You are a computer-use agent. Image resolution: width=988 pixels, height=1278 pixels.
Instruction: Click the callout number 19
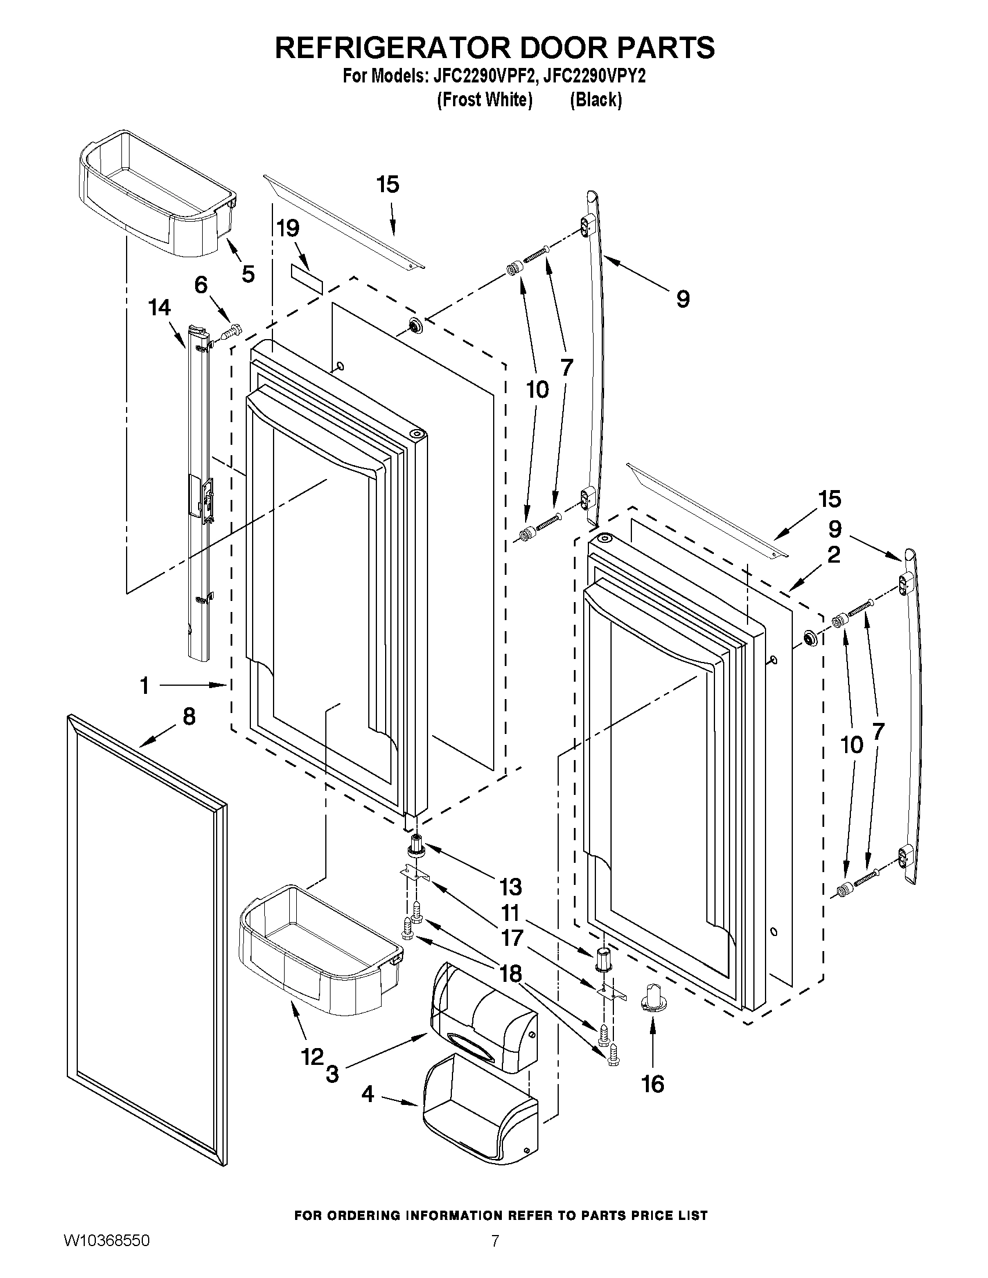(288, 229)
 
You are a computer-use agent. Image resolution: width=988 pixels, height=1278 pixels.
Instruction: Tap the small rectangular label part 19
(307, 278)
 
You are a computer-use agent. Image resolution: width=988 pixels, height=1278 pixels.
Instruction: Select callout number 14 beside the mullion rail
(160, 308)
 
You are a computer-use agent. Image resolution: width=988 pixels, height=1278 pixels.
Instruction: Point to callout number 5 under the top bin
(248, 274)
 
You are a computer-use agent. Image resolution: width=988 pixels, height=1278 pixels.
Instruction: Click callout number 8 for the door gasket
(189, 717)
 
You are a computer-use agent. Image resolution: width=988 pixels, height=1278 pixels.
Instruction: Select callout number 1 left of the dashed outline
(145, 685)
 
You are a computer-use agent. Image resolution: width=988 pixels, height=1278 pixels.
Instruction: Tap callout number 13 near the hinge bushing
(511, 886)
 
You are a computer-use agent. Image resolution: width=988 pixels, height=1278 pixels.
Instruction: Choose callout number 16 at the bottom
(653, 1084)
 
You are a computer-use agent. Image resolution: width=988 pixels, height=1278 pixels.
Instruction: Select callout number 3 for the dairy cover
(332, 1074)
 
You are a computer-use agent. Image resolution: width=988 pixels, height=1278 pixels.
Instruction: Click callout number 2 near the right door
(833, 554)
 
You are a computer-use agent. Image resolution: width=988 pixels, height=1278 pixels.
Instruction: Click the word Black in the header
(596, 100)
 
